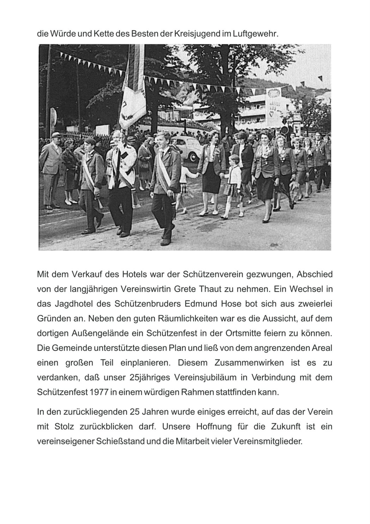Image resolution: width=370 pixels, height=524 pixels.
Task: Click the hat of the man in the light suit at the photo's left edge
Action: (55, 135)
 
